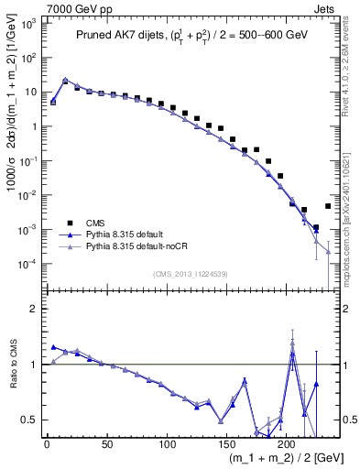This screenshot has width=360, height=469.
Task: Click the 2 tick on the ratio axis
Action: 34,309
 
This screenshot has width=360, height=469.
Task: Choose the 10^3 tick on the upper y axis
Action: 28,24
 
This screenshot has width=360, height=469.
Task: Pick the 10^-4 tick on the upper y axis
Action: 28,264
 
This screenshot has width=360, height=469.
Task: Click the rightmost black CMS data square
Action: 328,206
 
